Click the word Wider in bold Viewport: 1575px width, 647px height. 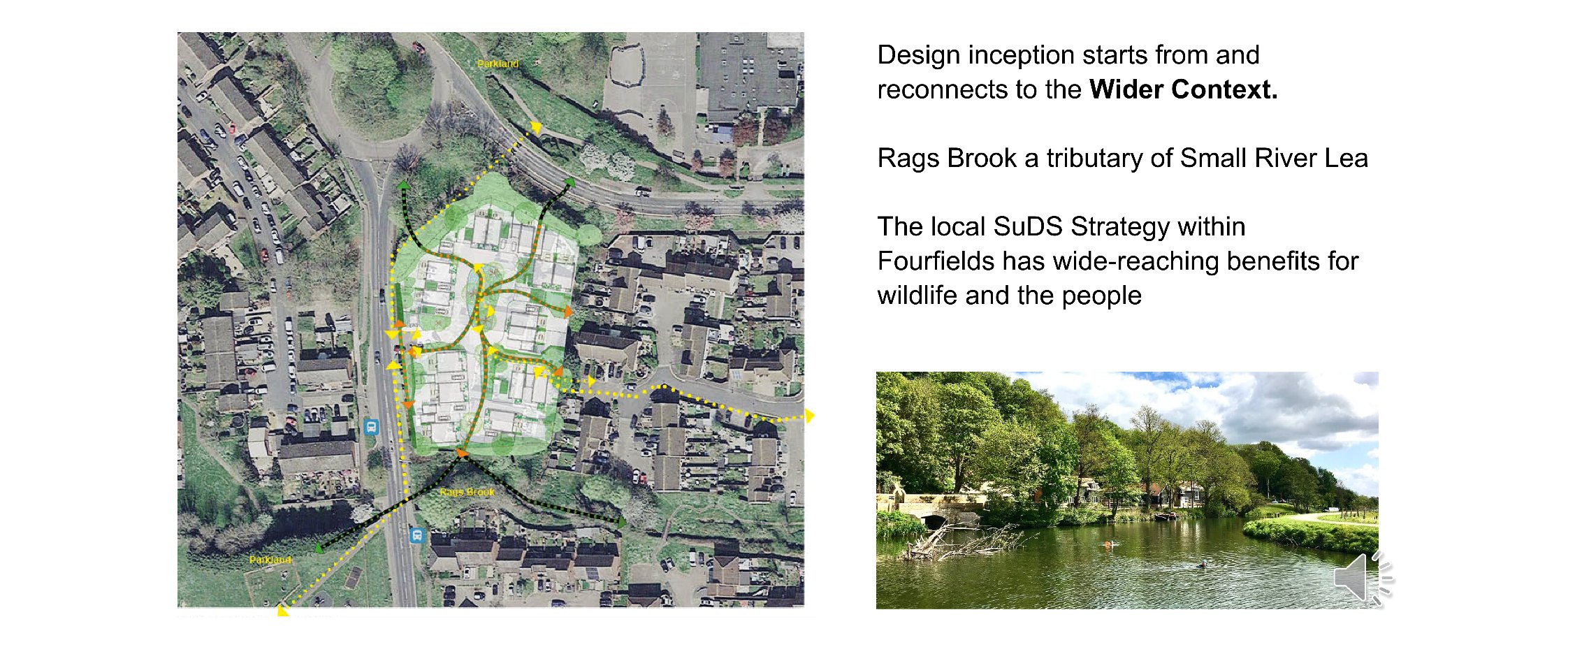1126,89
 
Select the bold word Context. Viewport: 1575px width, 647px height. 1224,89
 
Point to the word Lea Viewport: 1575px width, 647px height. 1347,158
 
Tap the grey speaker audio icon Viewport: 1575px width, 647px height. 1363,577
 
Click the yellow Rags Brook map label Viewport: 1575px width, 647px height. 467,492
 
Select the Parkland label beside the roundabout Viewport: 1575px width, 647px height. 498,64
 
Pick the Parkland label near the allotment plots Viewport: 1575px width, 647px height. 270,560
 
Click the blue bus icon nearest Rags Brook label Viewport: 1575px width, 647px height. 417,535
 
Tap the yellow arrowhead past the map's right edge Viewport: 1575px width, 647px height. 809,416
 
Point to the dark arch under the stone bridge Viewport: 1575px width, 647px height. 933,520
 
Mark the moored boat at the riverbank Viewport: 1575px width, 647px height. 1164,517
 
